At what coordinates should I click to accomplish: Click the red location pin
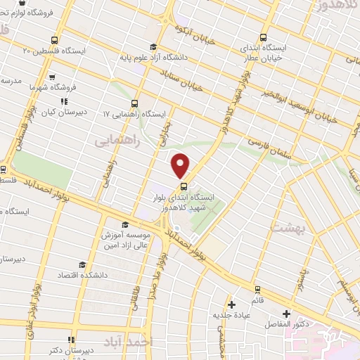click(181, 165)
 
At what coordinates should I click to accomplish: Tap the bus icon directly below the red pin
click(184, 186)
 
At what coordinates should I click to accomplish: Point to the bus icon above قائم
click(257, 288)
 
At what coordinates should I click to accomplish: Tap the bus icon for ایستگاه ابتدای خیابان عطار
click(264, 38)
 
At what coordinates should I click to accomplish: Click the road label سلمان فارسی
click(266, 133)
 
